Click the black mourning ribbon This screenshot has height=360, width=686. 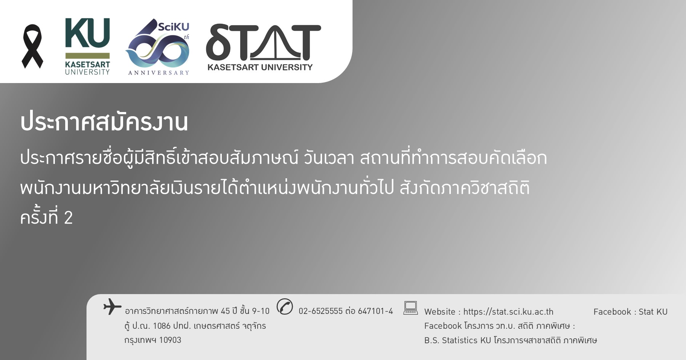click(x=32, y=46)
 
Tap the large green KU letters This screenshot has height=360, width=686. click(x=87, y=33)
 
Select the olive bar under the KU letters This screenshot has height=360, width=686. click(x=87, y=56)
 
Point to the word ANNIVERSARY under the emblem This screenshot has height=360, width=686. click(x=159, y=73)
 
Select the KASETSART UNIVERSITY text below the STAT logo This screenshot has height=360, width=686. click(x=260, y=67)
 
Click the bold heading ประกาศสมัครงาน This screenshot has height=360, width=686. click(x=104, y=122)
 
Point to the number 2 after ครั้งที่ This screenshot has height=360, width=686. click(x=68, y=218)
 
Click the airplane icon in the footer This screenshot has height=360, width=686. click(x=112, y=307)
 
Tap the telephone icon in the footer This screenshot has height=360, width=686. click(x=285, y=307)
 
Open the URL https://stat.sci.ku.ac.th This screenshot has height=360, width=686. click(x=508, y=312)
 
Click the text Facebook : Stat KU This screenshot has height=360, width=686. click(x=630, y=312)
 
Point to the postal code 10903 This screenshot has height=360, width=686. click(x=170, y=340)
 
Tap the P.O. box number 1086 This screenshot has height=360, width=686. click(x=162, y=326)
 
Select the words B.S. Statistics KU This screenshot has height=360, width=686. click(x=457, y=340)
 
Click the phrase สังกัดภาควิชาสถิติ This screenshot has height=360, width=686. click(x=465, y=188)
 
